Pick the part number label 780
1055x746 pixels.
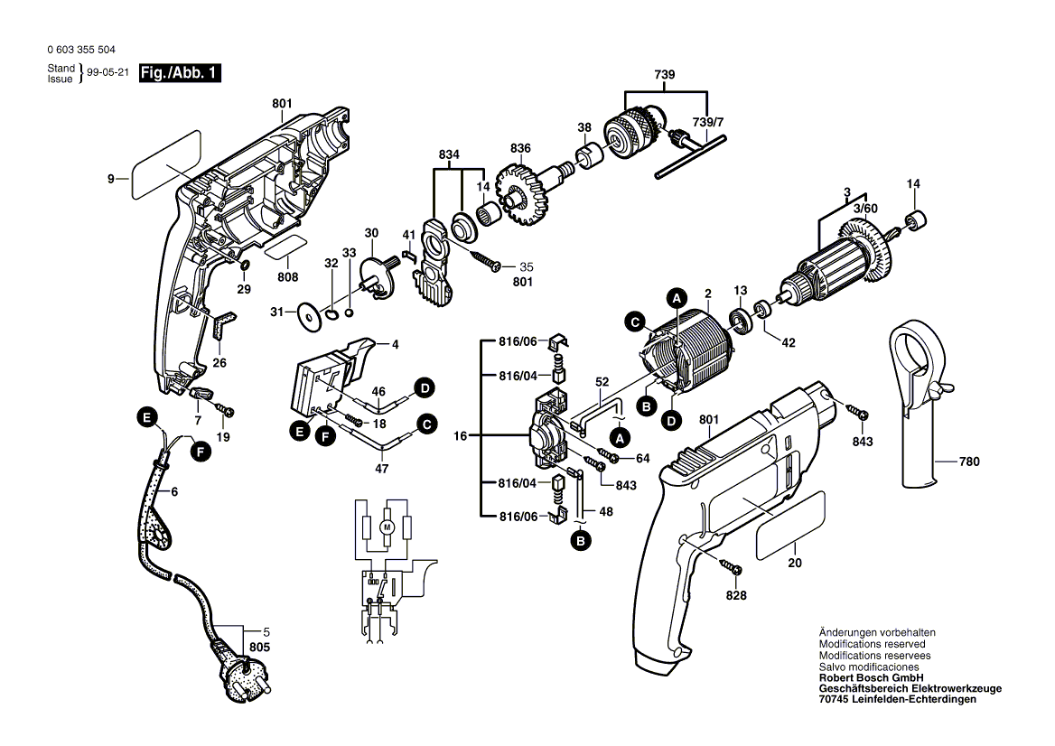pyautogui.click(x=968, y=462)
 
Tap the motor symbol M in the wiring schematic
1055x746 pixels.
pyautogui.click(x=387, y=525)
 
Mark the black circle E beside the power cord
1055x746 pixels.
pyautogui.click(x=143, y=417)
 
